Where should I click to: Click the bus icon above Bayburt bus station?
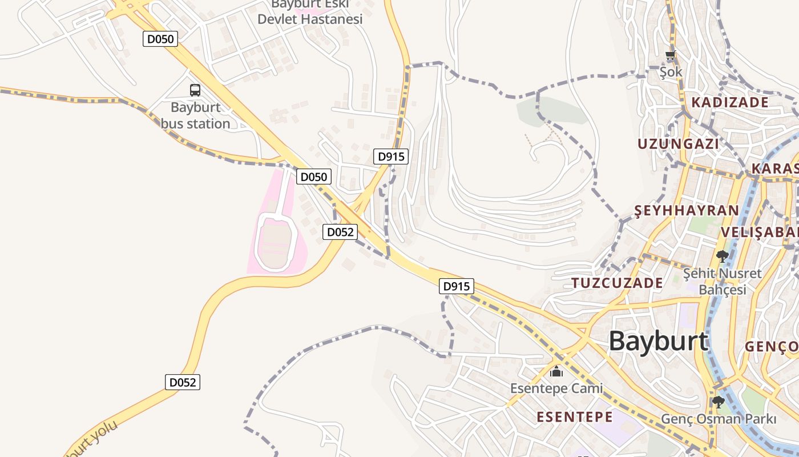pos(195,90)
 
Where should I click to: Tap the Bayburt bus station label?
pos(195,115)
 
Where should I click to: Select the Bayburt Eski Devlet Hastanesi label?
pos(310,13)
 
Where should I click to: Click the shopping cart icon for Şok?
pos(671,56)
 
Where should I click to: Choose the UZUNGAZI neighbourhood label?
pos(678,143)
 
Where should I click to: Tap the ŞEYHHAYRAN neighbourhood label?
pos(687,211)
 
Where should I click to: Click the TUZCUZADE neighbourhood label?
pos(617,283)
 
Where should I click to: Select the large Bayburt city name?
pos(658,341)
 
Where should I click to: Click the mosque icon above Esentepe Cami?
pos(556,372)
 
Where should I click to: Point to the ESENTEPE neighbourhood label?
pos(574,417)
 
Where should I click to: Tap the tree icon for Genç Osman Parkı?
pos(719,402)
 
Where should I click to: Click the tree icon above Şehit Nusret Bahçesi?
pos(722,256)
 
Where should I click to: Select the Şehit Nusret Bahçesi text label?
pos(723,281)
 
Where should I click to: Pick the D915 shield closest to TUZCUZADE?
pos(457,286)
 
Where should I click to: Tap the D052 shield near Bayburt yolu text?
pos(183,382)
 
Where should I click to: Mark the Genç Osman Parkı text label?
pos(719,419)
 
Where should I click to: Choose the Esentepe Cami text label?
pos(556,388)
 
